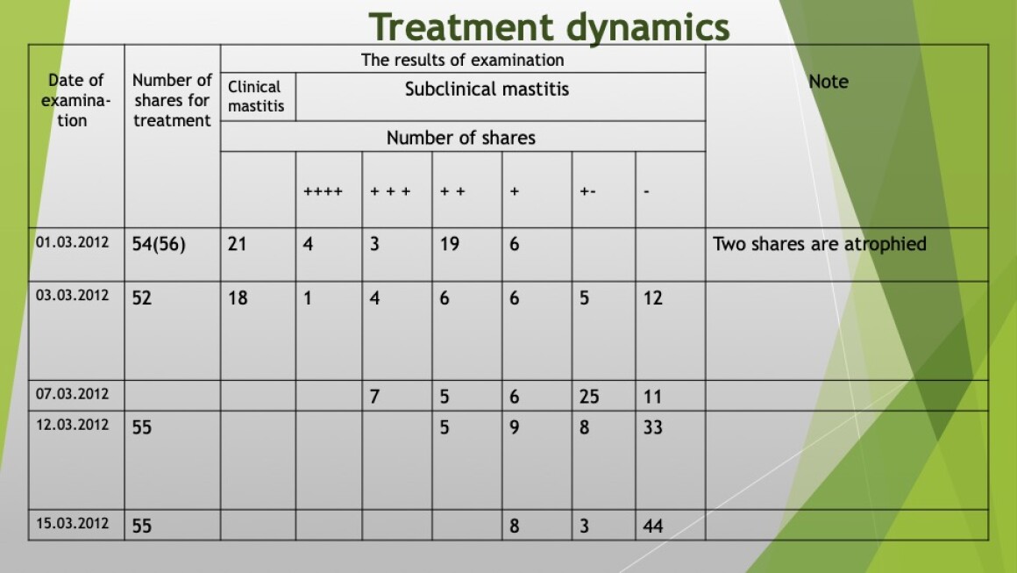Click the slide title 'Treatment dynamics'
point(550,28)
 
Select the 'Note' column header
point(829,82)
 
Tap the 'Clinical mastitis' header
point(255,96)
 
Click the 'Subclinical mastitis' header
point(487,89)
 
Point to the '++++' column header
point(323,191)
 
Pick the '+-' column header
point(587,191)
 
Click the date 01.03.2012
point(72,243)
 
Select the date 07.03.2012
point(72,394)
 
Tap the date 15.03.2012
point(72,523)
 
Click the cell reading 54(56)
point(159,245)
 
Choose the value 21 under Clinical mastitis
point(237,244)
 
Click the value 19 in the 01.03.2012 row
point(450,244)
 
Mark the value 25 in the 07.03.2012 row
point(589,397)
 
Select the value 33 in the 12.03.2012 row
point(652,427)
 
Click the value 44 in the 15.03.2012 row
point(652,526)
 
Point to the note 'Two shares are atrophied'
point(819,244)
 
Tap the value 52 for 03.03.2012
point(141,297)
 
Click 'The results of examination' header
point(462,61)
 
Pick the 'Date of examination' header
point(75,101)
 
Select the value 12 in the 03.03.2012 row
point(652,297)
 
